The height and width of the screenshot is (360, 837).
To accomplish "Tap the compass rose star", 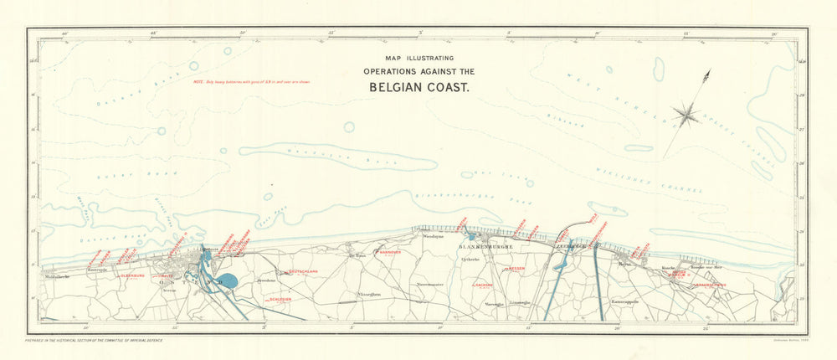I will (x=686, y=113).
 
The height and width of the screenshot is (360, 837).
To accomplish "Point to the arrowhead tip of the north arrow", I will (x=708, y=75).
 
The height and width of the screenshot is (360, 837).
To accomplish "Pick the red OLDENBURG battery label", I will (x=134, y=275).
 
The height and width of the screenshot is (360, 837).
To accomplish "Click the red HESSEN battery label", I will (x=515, y=269).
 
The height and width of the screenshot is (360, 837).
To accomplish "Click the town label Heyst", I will (x=624, y=263).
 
